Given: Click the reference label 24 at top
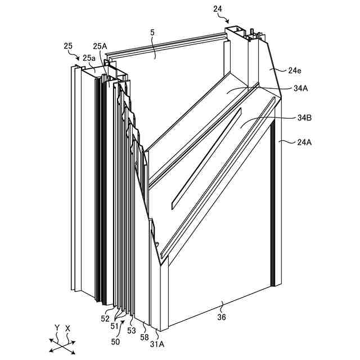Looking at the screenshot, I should (218, 8).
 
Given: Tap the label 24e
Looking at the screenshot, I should (295, 70).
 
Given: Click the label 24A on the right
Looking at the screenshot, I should (304, 142).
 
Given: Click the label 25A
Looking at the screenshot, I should (100, 47).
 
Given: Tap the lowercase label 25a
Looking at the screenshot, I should (89, 57).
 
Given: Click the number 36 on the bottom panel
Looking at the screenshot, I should (222, 317).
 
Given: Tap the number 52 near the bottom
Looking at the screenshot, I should (105, 319).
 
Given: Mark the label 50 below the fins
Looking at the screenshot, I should (115, 341).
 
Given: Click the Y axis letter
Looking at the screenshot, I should (57, 327).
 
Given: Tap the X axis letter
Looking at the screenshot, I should (68, 327).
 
